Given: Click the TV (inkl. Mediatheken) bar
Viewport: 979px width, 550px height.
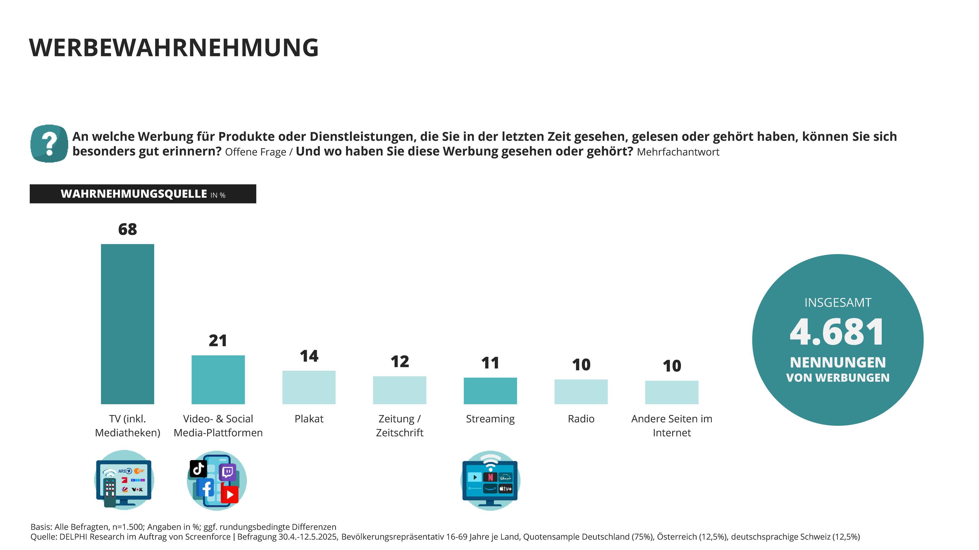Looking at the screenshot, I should tap(127, 324).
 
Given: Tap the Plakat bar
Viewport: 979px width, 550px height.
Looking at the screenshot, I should tap(309, 387).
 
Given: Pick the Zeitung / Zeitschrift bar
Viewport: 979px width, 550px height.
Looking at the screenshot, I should tap(400, 390).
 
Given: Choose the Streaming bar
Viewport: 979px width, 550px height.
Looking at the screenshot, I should tap(490, 391).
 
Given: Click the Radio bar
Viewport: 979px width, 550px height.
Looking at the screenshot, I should tap(581, 391).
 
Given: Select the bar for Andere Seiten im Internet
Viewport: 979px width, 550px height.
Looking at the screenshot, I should tap(672, 392).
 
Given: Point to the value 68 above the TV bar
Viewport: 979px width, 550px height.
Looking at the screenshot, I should tap(127, 229).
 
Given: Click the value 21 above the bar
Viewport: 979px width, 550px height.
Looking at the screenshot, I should tap(218, 341).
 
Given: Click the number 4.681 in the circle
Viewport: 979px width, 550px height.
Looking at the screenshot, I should tap(837, 332).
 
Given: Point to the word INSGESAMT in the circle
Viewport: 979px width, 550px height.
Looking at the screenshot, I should tap(838, 303).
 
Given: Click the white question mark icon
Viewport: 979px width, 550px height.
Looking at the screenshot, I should tap(49, 144).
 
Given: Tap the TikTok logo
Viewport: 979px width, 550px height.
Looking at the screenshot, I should tap(198, 469).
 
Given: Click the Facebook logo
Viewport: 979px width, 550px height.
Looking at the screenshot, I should tap(207, 488).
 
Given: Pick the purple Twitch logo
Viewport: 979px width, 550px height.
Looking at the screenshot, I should tap(228, 472).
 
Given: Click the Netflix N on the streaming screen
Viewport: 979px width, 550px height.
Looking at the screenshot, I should tap(490, 477).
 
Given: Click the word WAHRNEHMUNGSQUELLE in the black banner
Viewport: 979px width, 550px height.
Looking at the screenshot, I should tap(134, 194).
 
